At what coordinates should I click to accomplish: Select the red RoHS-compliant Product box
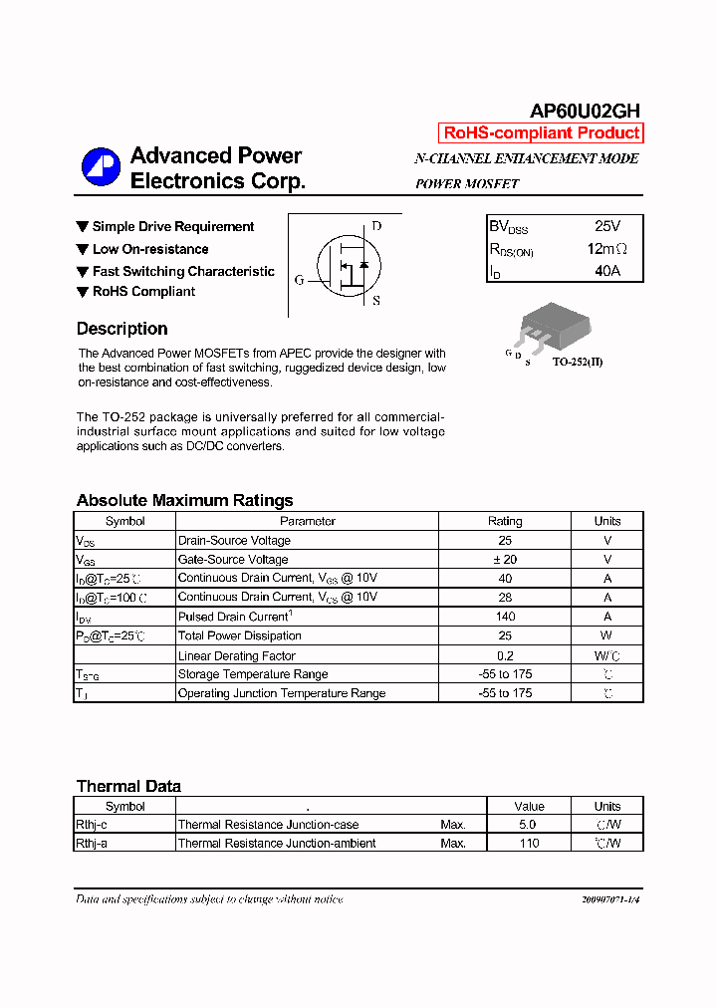coord(541,133)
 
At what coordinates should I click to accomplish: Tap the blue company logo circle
coord(101,166)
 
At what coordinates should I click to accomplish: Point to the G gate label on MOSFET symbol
coord(299,280)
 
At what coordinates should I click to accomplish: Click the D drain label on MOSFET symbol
coord(376,226)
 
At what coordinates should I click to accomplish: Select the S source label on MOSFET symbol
coord(376,300)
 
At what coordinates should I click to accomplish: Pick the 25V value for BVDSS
coord(606,227)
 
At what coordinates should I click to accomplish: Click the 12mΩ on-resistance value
coord(606,249)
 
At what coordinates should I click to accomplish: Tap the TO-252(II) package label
coord(578,362)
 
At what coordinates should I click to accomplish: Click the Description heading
coord(121,329)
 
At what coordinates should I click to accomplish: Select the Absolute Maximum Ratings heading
coord(184,500)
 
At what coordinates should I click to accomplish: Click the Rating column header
coord(505,521)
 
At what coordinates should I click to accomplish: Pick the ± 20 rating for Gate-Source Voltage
coord(505,560)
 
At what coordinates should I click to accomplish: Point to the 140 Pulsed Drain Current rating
coord(505,617)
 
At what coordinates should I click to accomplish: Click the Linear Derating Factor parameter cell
coord(236,655)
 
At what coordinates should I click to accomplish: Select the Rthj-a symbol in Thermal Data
coord(91,843)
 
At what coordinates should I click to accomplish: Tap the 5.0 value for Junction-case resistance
coord(528,825)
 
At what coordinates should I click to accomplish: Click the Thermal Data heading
coord(128,786)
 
